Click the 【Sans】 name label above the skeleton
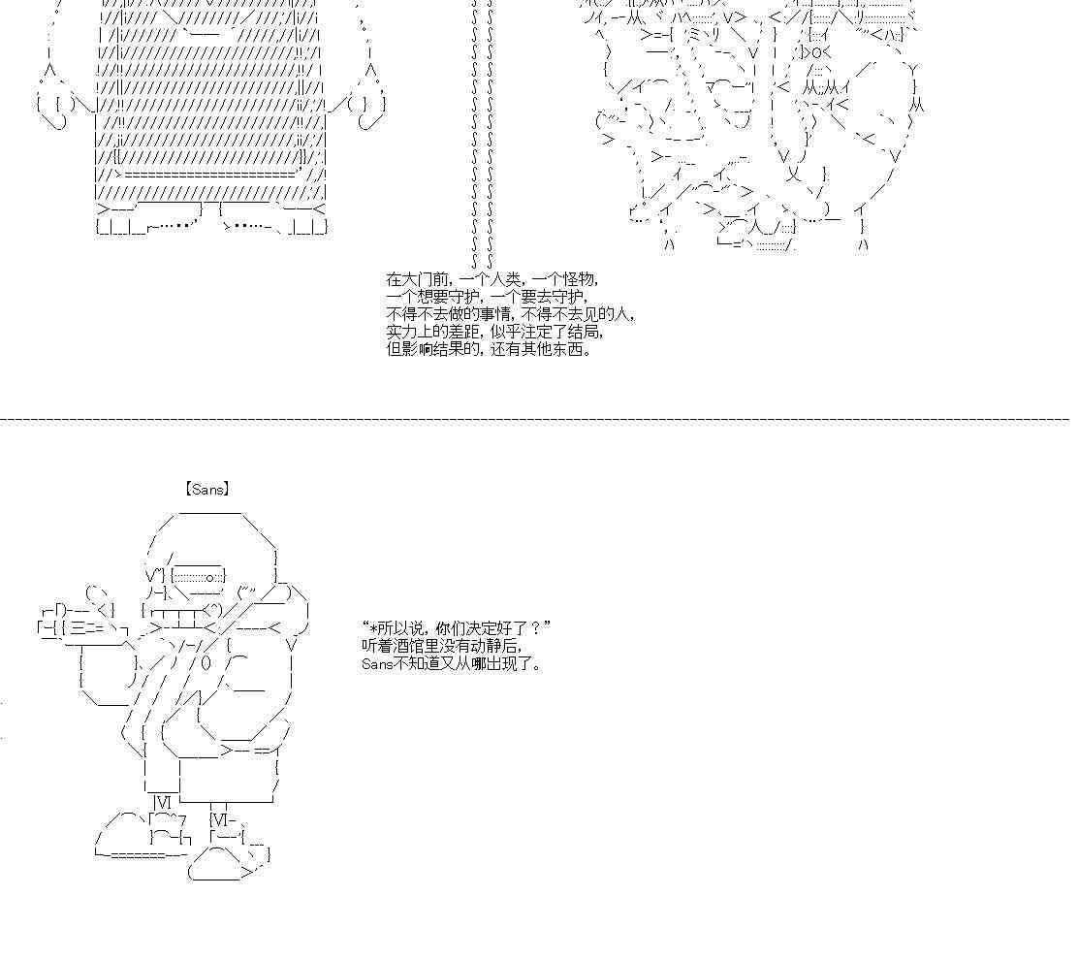[206, 489]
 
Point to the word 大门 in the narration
[420, 279]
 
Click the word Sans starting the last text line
[377, 663]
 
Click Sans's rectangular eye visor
[198, 576]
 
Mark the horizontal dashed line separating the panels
[535, 418]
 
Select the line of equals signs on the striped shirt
[209, 176]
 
